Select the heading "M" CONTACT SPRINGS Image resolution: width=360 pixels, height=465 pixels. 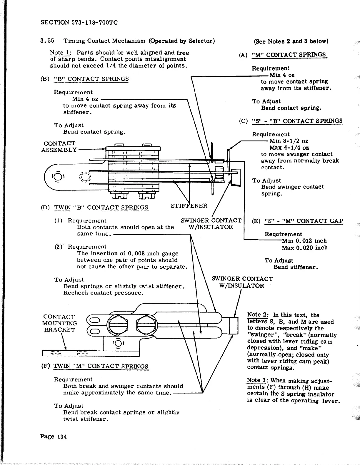tap(289, 55)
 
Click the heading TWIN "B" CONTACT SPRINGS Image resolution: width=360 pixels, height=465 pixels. tap(101, 208)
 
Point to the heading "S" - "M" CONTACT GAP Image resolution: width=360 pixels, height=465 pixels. tap(304, 221)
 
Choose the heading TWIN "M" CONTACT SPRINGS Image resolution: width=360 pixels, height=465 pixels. tap(101, 366)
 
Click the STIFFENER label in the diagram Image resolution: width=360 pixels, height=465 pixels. tap(189, 206)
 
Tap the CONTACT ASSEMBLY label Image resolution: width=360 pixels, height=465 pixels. tap(59, 147)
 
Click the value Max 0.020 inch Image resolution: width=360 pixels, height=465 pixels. tap(304, 248)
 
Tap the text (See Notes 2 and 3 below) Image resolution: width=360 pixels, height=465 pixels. tap(291, 41)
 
